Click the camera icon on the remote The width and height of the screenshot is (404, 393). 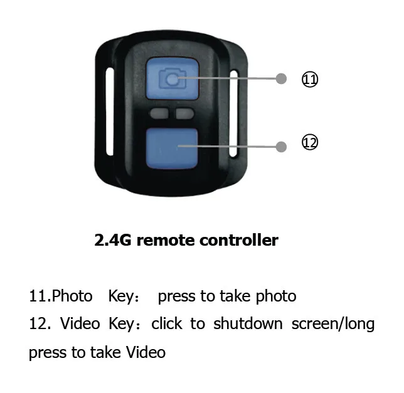pyautogui.click(x=172, y=79)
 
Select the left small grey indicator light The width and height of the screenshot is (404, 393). pyautogui.click(x=159, y=113)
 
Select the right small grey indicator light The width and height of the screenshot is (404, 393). pyautogui.click(x=184, y=113)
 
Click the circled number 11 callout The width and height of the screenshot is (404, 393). pyautogui.click(x=310, y=80)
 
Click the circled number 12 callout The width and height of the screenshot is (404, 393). pyautogui.click(x=310, y=143)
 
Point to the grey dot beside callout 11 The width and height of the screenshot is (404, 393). pyautogui.click(x=282, y=79)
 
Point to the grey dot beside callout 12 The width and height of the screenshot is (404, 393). pyautogui.click(x=282, y=146)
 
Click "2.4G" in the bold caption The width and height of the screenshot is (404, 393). pyautogui.click(x=112, y=240)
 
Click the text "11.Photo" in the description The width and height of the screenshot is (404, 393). pyautogui.click(x=60, y=296)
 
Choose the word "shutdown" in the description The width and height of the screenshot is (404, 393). pyautogui.click(x=247, y=324)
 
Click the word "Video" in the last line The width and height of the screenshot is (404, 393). pyautogui.click(x=146, y=352)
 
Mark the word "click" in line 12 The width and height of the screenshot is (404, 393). pyautogui.click(x=166, y=324)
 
